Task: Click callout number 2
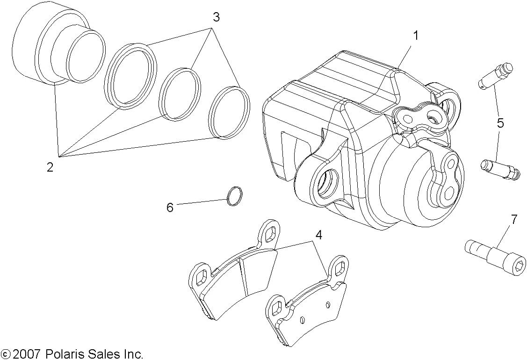pos(50,167)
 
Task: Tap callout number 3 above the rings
pos(216,18)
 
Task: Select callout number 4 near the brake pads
pos(318,235)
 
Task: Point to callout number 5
pos(500,123)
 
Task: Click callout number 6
pos(170,207)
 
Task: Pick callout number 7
pos(514,219)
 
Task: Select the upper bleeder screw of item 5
pos(495,75)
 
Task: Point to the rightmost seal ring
pos(229,113)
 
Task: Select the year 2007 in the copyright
pos(28,354)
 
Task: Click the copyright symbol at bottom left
pos(6,354)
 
